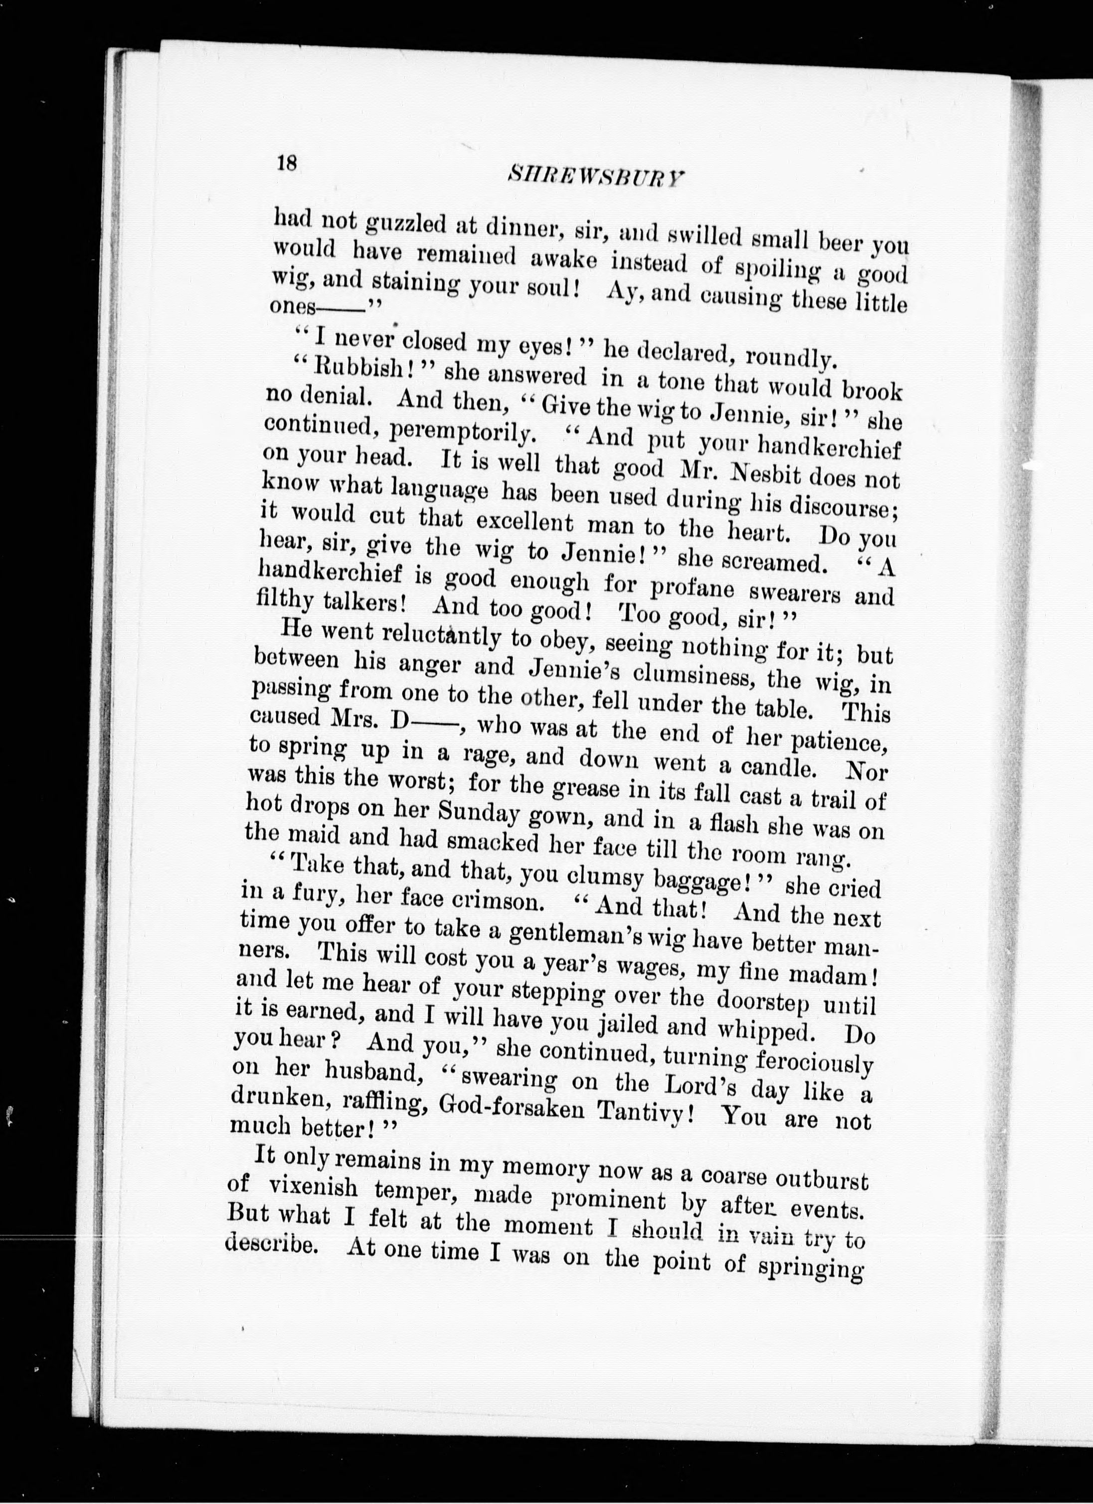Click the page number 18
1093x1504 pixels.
(x=287, y=164)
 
